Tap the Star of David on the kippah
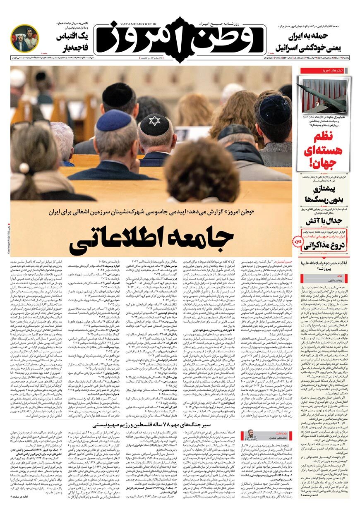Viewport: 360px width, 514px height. click(154, 121)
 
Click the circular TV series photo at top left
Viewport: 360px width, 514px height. click(25, 38)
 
